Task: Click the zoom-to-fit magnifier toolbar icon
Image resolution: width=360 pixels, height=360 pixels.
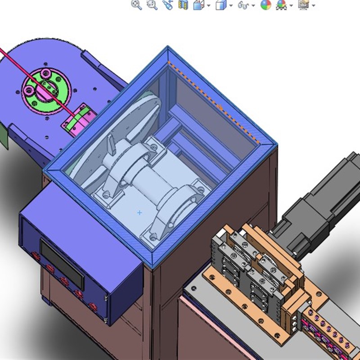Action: pos(136,5)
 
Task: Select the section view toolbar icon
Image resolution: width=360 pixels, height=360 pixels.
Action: pos(183,5)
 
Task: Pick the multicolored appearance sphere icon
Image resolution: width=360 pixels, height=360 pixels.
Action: pos(266,5)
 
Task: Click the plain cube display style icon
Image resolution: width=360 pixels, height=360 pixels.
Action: pos(221,5)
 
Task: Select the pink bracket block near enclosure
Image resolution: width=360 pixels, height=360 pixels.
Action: pos(77,119)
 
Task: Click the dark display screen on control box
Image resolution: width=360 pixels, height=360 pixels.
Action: pos(62,264)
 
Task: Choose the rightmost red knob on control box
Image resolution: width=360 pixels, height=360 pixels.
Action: pos(94,307)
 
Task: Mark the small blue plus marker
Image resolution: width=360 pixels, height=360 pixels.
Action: pos(139,212)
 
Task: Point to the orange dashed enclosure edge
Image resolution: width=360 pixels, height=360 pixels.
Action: pos(216,103)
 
